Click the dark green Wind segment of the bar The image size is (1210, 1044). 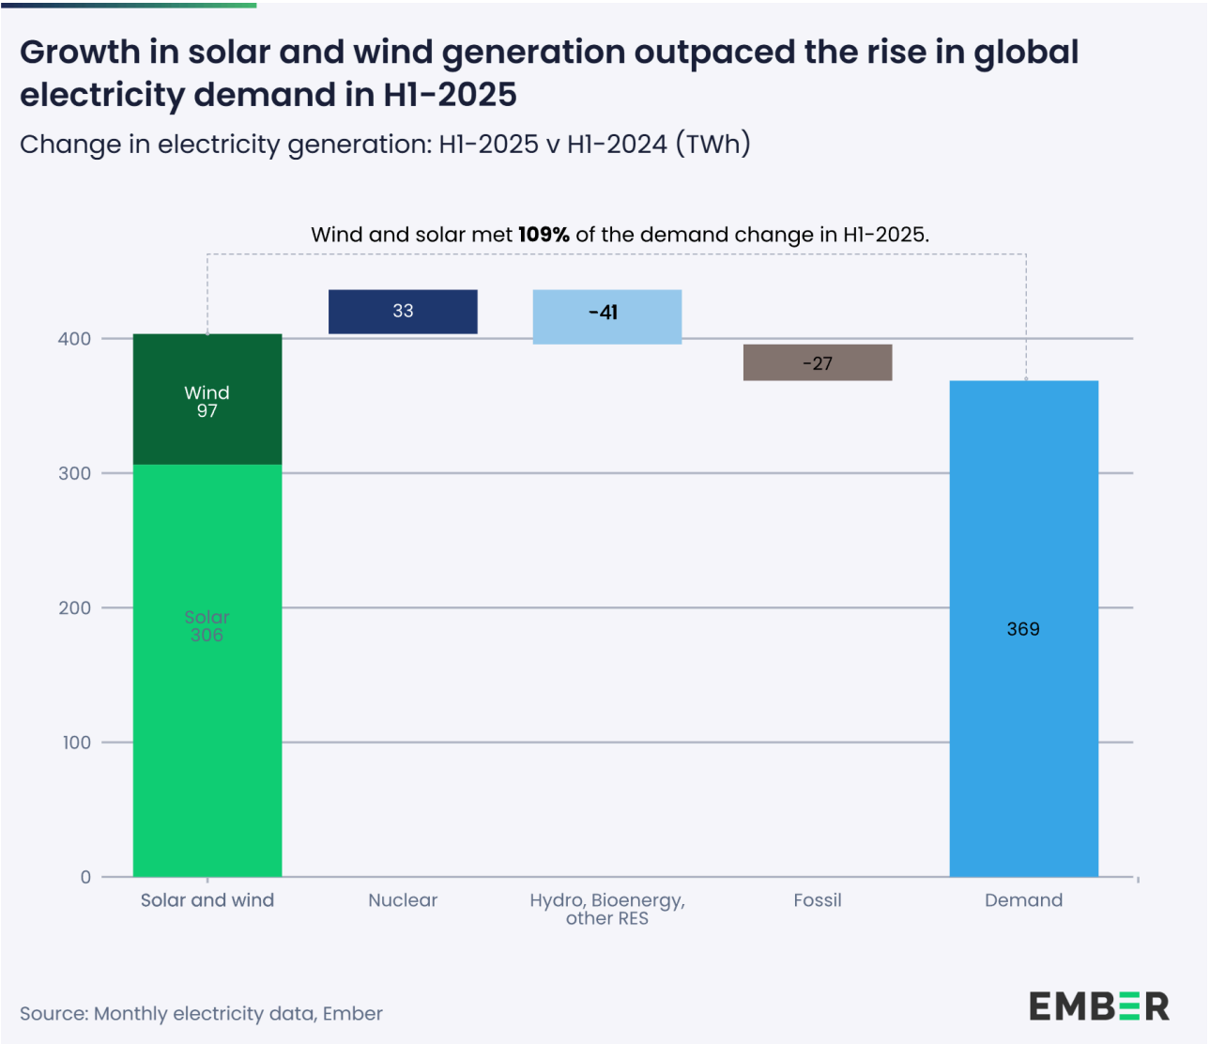[207, 400]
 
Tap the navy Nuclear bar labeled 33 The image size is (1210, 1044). [403, 312]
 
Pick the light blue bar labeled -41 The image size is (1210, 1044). [606, 316]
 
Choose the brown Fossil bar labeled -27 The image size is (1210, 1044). [818, 362]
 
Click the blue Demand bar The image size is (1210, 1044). [1023, 732]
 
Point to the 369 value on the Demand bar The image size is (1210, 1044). [1023, 629]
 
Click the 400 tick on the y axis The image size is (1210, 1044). [75, 339]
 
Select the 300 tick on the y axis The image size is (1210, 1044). [75, 473]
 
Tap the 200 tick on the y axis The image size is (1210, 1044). [75, 608]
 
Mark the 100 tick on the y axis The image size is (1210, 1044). [77, 743]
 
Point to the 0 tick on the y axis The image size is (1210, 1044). [86, 877]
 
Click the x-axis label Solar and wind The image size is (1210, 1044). [207, 900]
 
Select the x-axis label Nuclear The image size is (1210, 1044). [403, 900]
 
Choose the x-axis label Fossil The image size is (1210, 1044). [818, 900]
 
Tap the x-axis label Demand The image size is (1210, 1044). [1023, 900]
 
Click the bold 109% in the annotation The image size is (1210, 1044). [544, 235]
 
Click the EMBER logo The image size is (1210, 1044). [1098, 1006]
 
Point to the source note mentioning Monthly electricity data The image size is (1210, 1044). [201, 1014]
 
